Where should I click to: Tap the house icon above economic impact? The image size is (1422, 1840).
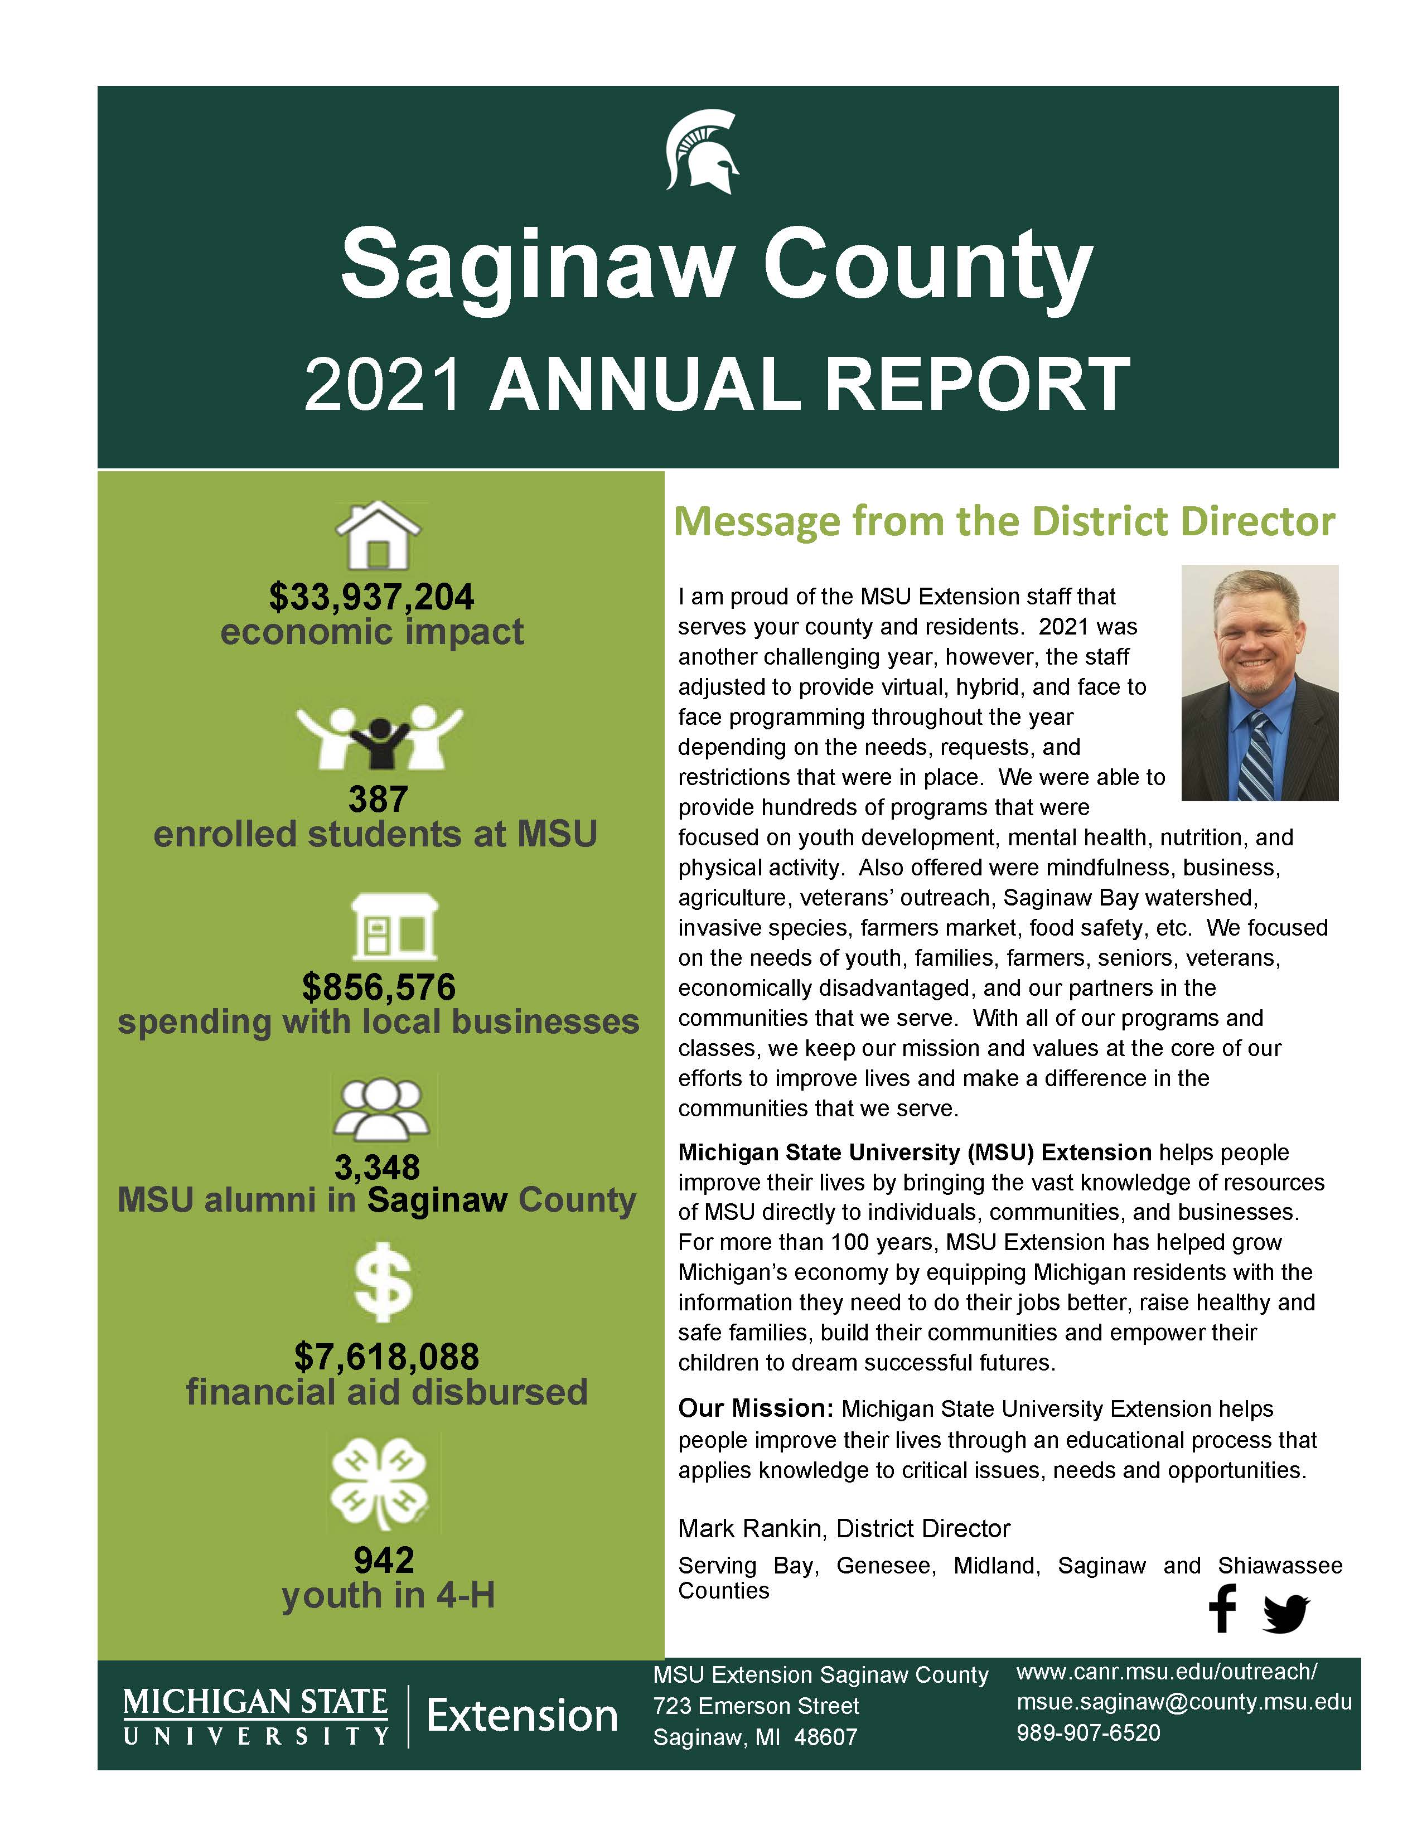[378, 536]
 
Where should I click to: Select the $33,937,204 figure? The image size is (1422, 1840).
[371, 597]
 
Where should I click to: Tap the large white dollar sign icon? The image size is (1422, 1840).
[383, 1283]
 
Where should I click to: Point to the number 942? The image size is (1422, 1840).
[384, 1561]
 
